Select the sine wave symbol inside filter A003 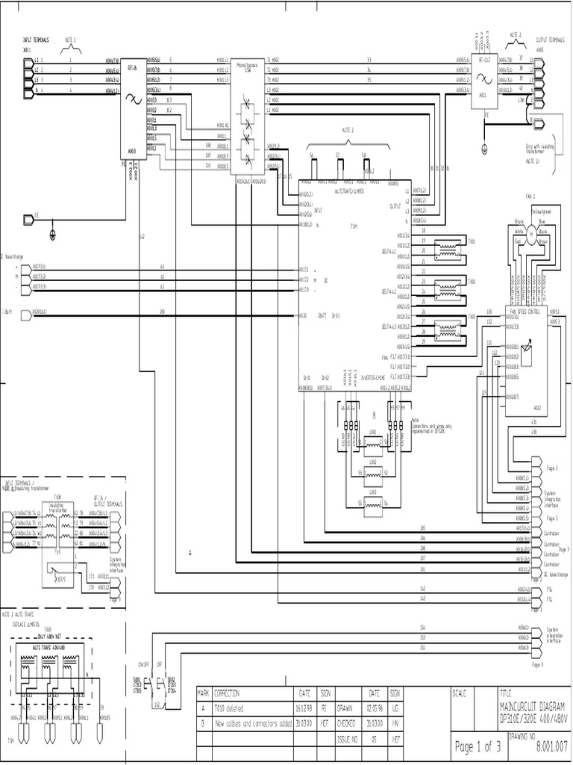135,98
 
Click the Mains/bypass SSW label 242,67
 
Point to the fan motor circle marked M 532,235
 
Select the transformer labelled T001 448,247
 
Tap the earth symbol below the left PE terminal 52,235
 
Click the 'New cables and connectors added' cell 254,724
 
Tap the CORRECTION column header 228,693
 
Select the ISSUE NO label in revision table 348,738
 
